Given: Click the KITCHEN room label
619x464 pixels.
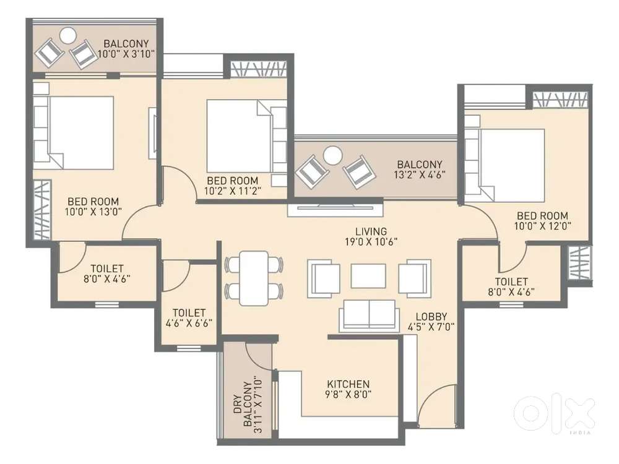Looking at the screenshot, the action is point(348,384).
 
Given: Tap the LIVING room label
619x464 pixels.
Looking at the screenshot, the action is point(371,231).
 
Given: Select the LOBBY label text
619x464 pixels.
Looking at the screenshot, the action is point(431,316).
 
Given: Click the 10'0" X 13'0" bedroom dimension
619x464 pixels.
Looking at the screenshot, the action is point(93,212).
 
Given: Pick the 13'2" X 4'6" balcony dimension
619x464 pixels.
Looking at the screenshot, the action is point(419,174).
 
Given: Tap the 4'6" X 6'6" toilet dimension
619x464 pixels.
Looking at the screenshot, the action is point(189,323).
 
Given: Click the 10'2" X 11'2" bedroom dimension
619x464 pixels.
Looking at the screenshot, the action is point(233,191).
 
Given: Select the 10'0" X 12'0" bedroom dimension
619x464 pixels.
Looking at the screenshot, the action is point(542,226).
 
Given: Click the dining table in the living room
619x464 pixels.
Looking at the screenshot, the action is point(254,278).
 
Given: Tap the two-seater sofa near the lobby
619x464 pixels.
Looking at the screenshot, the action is point(369,314).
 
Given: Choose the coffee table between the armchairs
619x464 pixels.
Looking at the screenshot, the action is point(368,276).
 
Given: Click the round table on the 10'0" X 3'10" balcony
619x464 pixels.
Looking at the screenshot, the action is point(68,35).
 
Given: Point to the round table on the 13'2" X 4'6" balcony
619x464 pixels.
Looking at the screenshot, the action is point(332,155).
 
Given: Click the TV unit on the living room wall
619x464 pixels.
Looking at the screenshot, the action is point(335,210).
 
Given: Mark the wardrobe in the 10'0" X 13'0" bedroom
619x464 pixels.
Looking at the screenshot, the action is point(42,210).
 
